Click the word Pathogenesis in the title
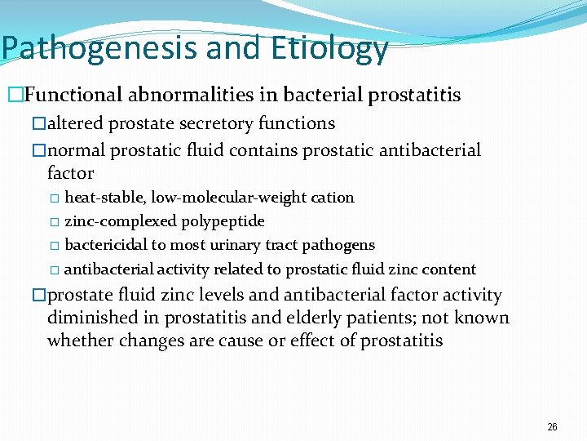(99, 48)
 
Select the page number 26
(552, 427)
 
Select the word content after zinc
(449, 269)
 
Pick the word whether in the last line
(81, 341)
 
